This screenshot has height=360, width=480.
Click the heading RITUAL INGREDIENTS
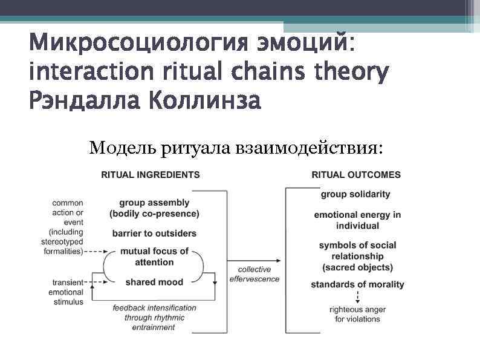150,175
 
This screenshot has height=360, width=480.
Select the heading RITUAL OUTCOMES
356,175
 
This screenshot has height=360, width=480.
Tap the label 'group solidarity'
355,194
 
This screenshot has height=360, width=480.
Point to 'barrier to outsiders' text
154,234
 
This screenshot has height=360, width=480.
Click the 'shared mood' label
154,282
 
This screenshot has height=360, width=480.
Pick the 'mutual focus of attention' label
154,257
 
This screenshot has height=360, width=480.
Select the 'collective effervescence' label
255,274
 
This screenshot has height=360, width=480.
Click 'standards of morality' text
357,284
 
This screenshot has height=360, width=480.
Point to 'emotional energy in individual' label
357,220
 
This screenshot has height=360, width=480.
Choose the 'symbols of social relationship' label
357,256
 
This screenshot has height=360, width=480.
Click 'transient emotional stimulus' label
68,292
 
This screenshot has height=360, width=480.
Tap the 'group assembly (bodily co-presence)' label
154,208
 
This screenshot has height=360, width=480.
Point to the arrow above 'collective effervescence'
255,259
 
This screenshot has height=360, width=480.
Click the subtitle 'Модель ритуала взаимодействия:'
236,147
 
